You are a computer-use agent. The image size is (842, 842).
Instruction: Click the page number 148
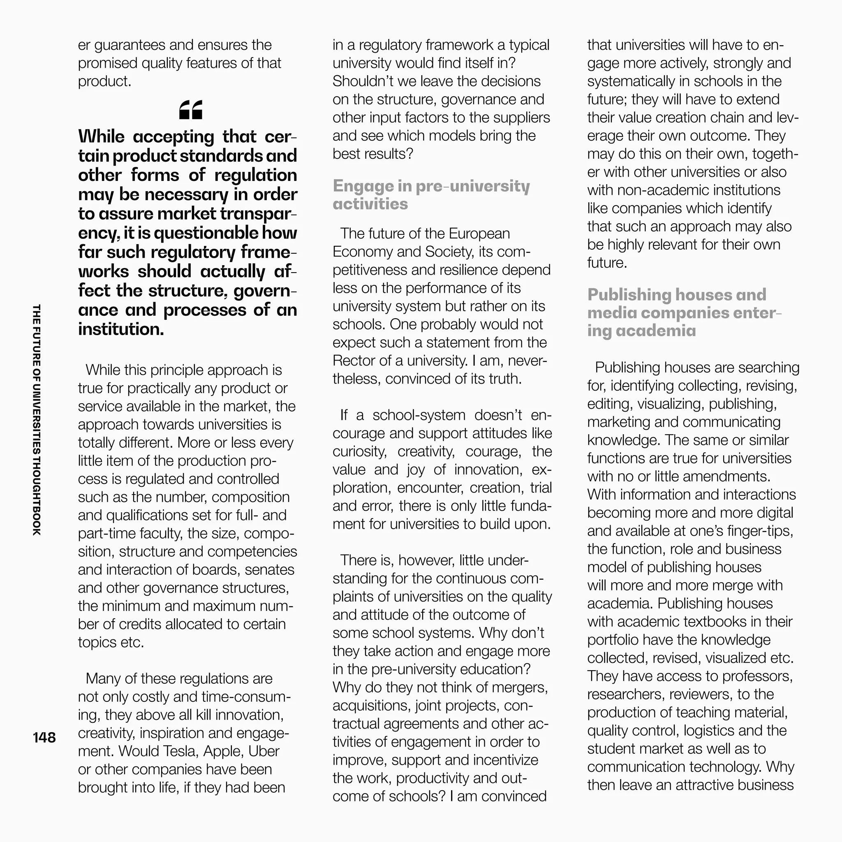(44, 738)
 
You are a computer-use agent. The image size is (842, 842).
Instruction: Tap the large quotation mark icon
(191, 110)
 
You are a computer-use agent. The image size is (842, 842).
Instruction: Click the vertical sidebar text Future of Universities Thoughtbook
(37, 419)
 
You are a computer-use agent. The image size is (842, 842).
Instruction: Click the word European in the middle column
(479, 234)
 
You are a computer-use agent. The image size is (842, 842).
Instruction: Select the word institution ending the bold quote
(121, 329)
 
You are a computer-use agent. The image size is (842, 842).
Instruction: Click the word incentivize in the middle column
(505, 760)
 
